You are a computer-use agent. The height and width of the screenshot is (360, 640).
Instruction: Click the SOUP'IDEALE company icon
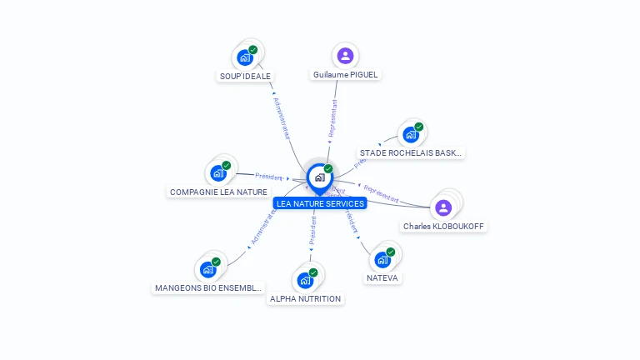tap(245, 57)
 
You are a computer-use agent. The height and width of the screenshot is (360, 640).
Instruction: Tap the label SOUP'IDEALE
tap(246, 76)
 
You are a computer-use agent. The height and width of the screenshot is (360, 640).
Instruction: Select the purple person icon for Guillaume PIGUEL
tap(345, 56)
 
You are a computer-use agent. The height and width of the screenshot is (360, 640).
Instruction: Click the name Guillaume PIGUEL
tap(345, 74)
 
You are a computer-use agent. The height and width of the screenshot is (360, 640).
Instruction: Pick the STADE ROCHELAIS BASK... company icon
tap(410, 134)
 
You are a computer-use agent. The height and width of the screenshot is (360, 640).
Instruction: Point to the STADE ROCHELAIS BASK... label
tap(410, 153)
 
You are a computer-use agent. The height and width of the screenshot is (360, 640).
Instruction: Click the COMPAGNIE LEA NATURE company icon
tap(218, 172)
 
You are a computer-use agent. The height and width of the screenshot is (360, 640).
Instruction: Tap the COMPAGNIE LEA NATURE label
tap(218, 192)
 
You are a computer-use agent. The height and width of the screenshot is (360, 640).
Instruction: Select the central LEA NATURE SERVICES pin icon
tap(319, 177)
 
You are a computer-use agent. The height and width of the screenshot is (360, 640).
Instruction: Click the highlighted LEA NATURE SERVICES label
tap(320, 203)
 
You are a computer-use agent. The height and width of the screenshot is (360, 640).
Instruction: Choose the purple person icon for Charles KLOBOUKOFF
tap(443, 207)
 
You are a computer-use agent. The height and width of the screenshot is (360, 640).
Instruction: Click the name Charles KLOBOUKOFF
tap(443, 226)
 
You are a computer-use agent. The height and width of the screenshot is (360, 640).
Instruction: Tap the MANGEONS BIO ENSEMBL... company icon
tap(208, 269)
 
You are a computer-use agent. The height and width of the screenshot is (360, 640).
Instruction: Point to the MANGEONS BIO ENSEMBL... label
tap(208, 288)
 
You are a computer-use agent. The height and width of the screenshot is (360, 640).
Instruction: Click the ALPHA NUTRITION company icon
tap(305, 279)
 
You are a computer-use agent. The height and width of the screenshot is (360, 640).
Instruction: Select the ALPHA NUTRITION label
tap(305, 298)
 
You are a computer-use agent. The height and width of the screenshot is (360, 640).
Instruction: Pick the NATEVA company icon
tap(383, 258)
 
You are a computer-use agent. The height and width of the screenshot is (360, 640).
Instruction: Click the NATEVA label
tap(383, 277)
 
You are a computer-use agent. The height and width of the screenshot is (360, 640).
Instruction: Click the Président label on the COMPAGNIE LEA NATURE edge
tap(269, 177)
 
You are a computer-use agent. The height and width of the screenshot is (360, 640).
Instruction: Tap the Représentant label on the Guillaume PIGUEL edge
tap(332, 118)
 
